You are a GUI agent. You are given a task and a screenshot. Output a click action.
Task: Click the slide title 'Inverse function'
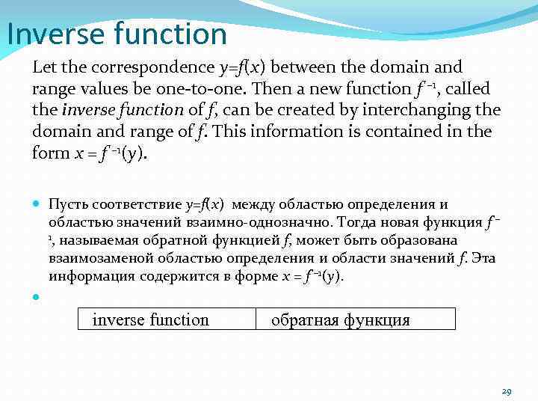pos(116,34)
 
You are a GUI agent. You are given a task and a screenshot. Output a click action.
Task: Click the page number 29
pos(506,391)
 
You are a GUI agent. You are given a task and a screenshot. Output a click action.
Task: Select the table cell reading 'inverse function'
pos(150,320)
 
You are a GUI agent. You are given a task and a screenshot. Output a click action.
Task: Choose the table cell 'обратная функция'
pos(340,320)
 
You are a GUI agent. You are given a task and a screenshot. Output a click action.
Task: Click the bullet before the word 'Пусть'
pos(37,204)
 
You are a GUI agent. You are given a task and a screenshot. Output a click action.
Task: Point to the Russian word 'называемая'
pos(95,240)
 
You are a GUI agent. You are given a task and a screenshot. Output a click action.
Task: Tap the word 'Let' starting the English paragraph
pos(43,67)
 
